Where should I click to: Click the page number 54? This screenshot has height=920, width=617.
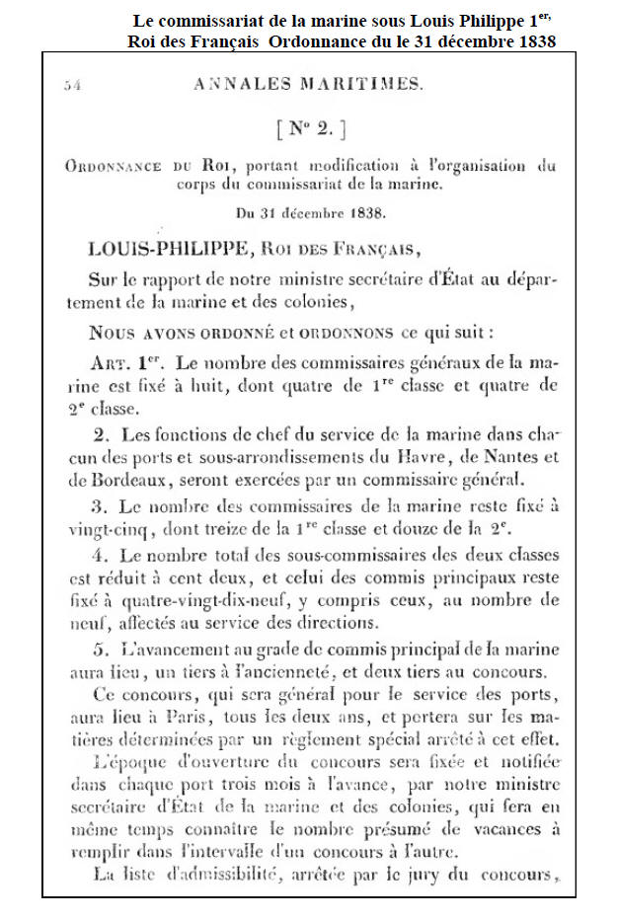pyautogui.click(x=71, y=86)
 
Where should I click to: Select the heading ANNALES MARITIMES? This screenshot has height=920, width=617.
pyautogui.click(x=309, y=85)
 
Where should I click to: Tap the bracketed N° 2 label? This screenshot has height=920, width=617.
pyautogui.click(x=309, y=128)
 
